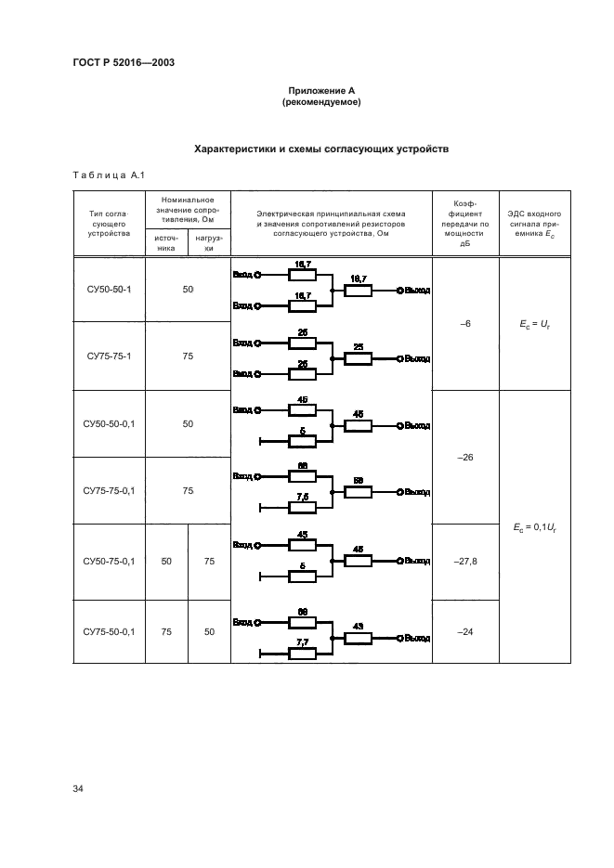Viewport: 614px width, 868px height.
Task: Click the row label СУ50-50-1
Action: pos(109,290)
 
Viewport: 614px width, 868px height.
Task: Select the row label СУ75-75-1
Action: pos(109,356)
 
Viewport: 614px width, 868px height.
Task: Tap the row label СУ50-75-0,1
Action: pos(109,561)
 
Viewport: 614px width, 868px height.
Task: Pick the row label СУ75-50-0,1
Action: pos(109,631)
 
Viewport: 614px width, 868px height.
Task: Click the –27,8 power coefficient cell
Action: pos(466,561)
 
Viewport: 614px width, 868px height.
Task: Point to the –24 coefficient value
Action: pos(466,631)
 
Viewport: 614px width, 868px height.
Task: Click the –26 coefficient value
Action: pos(466,458)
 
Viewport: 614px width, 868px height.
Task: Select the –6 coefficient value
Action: pos(466,323)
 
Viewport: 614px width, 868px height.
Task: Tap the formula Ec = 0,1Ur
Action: pos(534,526)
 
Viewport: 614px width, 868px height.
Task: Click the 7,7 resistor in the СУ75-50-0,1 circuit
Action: pos(303,654)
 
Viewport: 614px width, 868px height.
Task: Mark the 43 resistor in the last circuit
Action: pos(358,638)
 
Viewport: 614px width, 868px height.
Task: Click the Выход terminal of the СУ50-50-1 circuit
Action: pos(414,291)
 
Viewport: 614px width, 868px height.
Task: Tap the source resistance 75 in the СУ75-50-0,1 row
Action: pos(165,631)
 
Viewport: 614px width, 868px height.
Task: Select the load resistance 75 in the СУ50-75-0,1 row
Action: pos(209,561)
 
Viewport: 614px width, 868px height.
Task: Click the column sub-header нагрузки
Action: pos(209,242)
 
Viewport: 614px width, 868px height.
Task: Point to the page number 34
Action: pos(78,789)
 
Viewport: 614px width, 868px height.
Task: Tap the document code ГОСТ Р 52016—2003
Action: pos(124,62)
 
